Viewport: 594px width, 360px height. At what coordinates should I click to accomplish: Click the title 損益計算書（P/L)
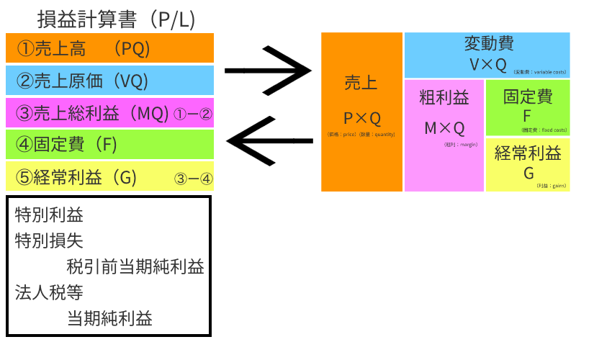(x=115, y=19)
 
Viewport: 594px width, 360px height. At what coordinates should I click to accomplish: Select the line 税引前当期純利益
(x=135, y=267)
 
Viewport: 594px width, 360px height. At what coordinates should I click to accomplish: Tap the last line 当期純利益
(x=109, y=319)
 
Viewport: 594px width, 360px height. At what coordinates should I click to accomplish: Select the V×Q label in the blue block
(x=488, y=64)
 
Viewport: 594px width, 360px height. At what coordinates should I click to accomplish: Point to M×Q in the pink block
(x=444, y=128)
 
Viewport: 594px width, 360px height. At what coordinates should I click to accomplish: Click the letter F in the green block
(x=527, y=115)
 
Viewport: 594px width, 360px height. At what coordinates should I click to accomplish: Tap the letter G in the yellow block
(x=528, y=173)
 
